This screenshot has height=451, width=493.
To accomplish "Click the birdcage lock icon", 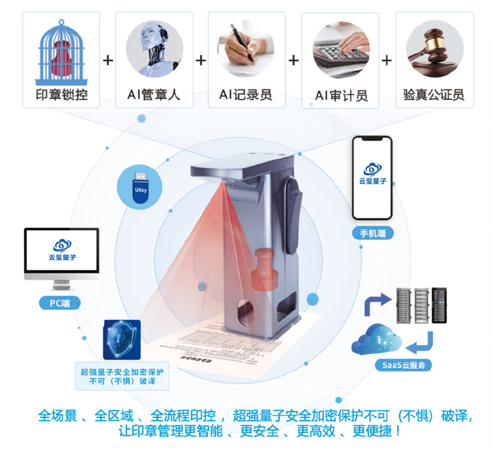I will pos(61,49).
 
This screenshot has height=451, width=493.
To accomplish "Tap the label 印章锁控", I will pos(61,95).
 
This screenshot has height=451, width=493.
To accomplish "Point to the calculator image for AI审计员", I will pos(341,49).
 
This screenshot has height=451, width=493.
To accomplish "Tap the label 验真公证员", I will pos(433,95).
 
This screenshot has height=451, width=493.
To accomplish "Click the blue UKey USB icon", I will pos(140,186).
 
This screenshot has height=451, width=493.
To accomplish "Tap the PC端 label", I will pos(60,303).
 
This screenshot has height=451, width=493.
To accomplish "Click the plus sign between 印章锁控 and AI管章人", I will pos(108,61).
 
